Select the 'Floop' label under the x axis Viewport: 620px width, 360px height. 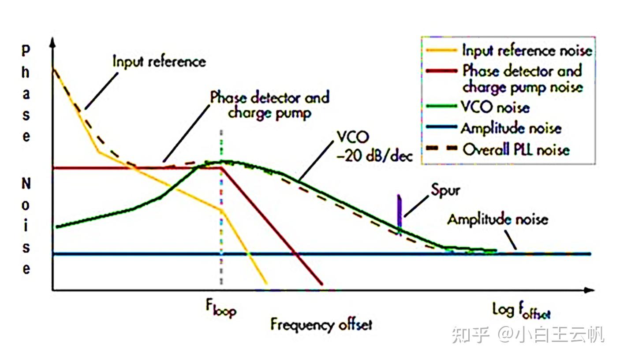point(220,309)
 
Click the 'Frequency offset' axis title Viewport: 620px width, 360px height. point(321,325)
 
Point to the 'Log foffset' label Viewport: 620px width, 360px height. point(521,311)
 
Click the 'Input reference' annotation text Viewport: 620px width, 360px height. point(159,61)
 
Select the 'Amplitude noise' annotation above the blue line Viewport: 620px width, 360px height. point(497,219)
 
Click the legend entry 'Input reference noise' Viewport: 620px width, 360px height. point(527,50)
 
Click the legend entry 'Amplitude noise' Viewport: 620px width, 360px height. point(511,128)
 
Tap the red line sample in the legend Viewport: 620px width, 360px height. point(442,71)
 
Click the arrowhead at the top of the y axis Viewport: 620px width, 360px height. point(52,42)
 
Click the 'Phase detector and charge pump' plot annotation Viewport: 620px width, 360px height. point(269,105)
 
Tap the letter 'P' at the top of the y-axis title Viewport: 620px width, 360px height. point(26,50)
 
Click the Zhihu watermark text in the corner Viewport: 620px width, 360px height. point(527,335)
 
